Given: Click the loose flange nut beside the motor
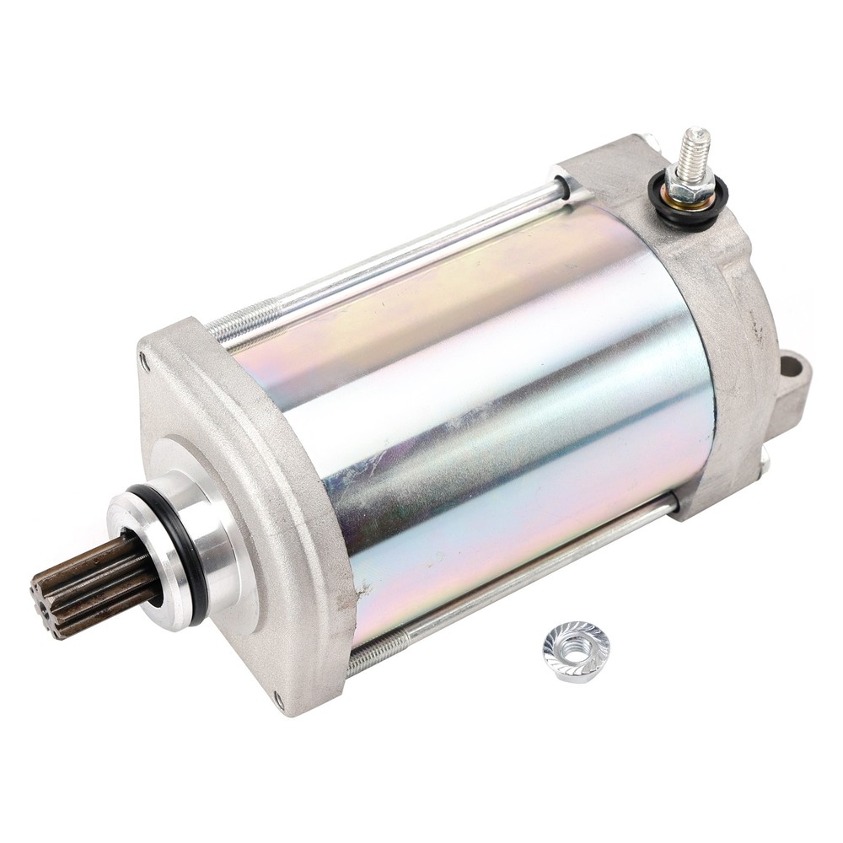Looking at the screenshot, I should click(x=576, y=651).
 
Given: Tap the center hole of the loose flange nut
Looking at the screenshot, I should click(x=577, y=648).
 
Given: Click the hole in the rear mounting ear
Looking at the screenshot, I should click(x=790, y=367).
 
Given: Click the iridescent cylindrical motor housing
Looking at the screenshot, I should click(x=489, y=405).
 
